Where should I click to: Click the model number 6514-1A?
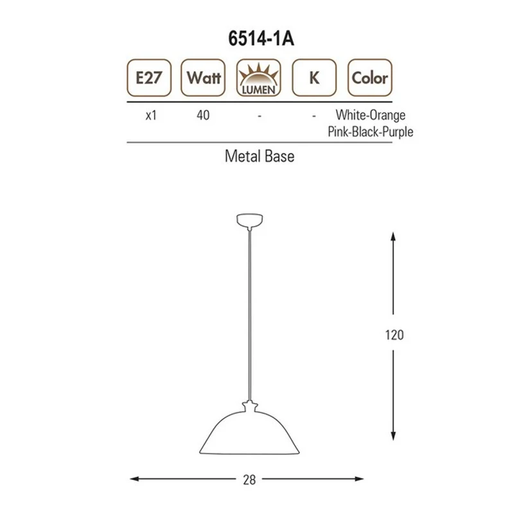tap(261, 39)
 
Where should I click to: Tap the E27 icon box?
tap(149, 78)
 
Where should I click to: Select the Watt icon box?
tap(203, 78)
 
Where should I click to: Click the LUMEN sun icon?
tap(259, 78)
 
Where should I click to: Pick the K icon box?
tap(314, 78)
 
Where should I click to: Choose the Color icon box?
tap(370, 78)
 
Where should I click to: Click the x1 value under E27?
tap(151, 116)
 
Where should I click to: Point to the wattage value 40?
tap(203, 116)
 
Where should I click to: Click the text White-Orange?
tap(371, 115)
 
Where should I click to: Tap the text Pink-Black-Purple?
tap(371, 132)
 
